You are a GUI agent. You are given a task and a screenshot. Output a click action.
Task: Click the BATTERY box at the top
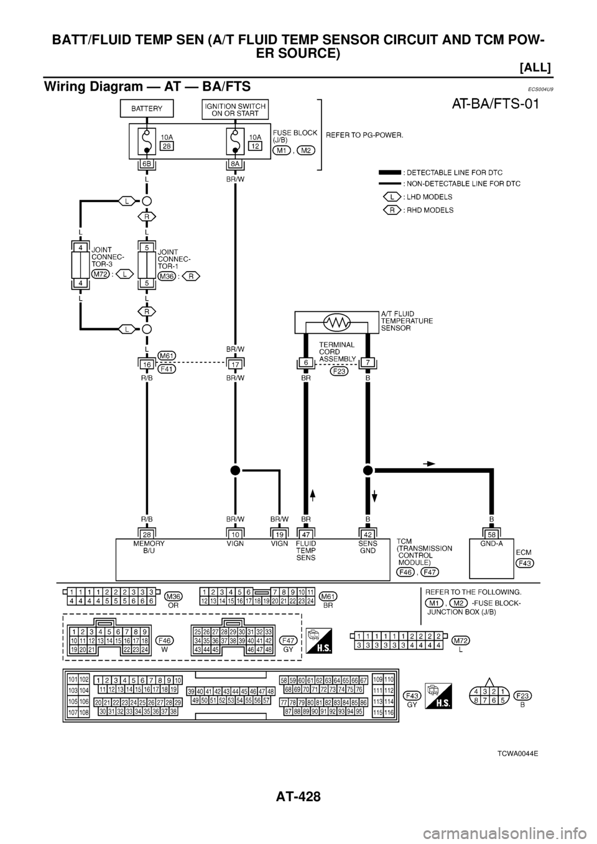pos(147,109)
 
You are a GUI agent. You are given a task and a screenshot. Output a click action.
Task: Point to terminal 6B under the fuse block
pos(147,165)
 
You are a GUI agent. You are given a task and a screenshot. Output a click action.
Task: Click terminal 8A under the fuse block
pos(235,165)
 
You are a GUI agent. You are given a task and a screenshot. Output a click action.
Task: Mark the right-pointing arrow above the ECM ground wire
pos(428,463)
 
